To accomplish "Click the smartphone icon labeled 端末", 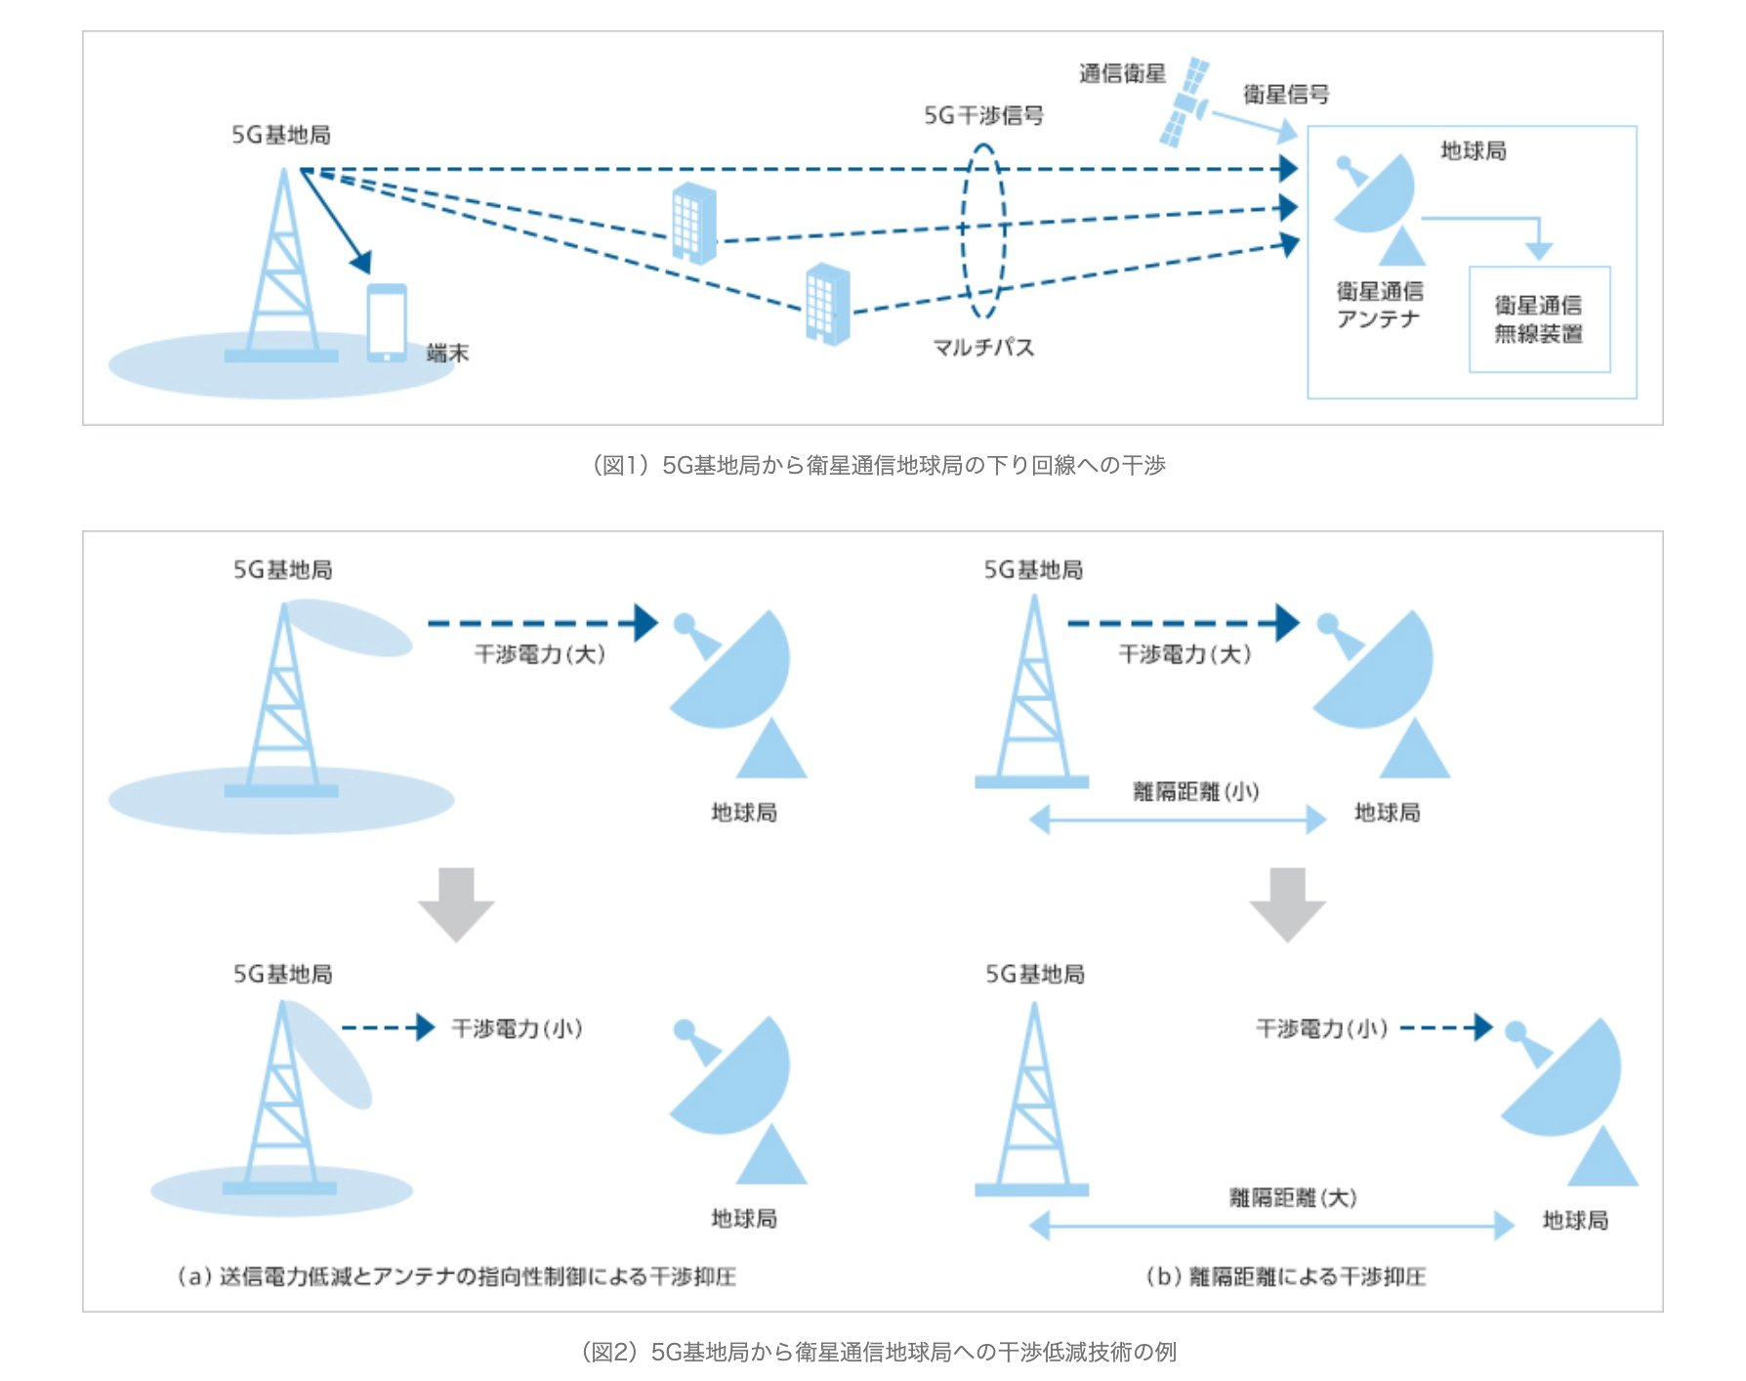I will (387, 322).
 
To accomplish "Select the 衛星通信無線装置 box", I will (1539, 319).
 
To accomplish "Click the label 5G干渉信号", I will (983, 115).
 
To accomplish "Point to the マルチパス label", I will (983, 347).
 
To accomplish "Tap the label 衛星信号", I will (1286, 94).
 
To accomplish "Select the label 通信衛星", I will (1122, 73).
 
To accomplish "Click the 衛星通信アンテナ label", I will (1379, 305).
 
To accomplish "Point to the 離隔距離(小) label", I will (1195, 791).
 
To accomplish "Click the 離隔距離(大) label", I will (1293, 1197).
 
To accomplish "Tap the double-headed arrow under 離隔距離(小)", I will (1178, 819).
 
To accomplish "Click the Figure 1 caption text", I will (879, 465).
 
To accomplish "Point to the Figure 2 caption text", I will (879, 1352).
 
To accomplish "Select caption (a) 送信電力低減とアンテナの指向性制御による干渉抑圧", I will (456, 1276).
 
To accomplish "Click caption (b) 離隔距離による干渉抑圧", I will (1285, 1276).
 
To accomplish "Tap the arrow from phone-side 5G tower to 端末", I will (337, 223).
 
